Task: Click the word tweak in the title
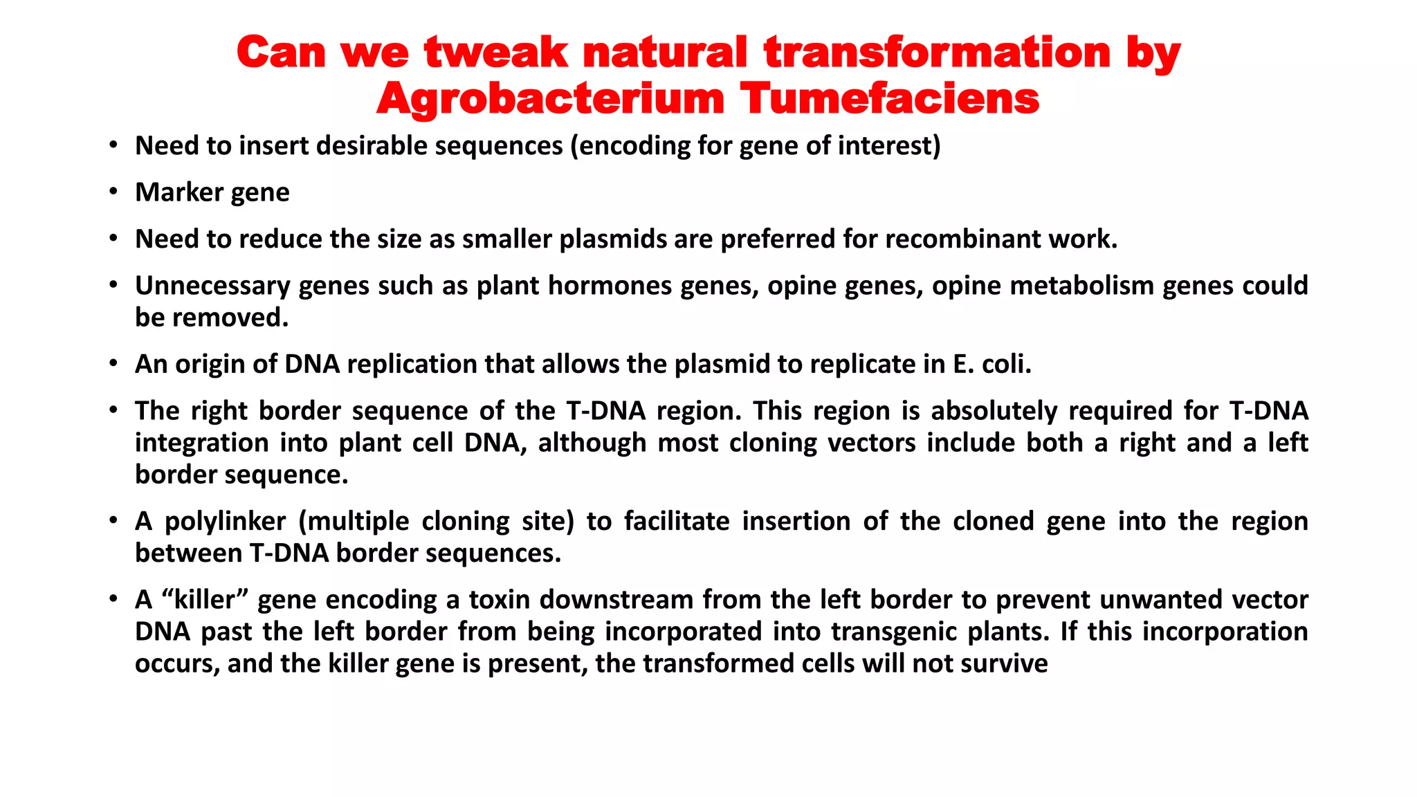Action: (x=495, y=53)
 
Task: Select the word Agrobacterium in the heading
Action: (x=550, y=99)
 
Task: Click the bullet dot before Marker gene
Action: (x=113, y=192)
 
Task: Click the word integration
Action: (x=201, y=443)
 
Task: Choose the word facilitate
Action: (x=677, y=522)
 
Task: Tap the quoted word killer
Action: (x=204, y=600)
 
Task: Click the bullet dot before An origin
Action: (x=113, y=364)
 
